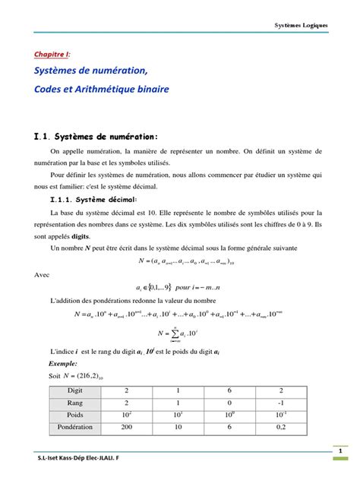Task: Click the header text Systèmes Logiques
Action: pos(302,26)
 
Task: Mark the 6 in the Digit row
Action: pos(229,390)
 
